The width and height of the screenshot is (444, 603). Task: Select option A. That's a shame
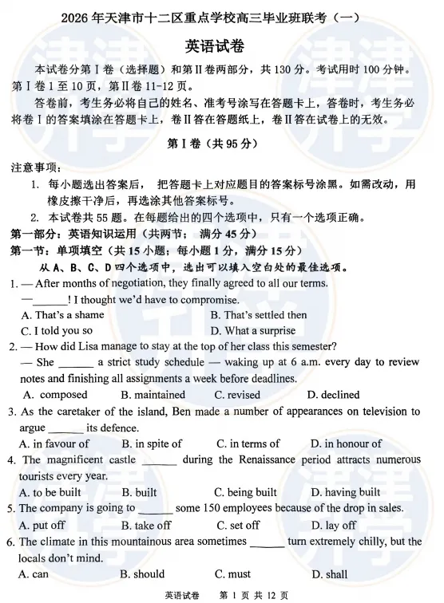(x=62, y=315)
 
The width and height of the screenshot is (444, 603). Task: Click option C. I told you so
(x=57, y=331)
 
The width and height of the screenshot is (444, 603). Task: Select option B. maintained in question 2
(x=153, y=395)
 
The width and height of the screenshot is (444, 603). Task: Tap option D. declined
(x=334, y=395)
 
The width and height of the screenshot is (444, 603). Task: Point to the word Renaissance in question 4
(x=264, y=460)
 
